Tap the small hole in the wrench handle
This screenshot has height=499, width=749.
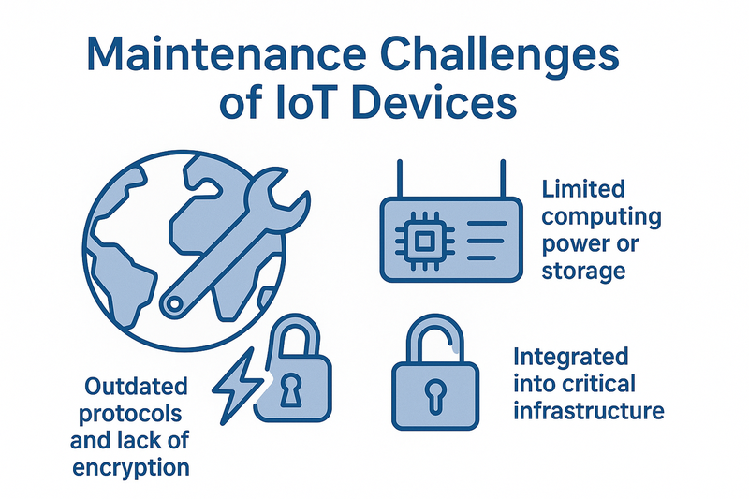click(x=174, y=303)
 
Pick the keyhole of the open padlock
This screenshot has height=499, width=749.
click(x=435, y=394)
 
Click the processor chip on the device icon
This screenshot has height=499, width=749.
click(x=423, y=241)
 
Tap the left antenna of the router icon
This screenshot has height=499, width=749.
click(x=400, y=179)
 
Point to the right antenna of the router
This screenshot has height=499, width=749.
click(x=503, y=179)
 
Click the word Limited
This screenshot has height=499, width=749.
click(x=583, y=189)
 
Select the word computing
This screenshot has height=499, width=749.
click(x=601, y=218)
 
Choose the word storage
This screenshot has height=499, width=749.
click(x=583, y=272)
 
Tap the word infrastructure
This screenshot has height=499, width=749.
click(x=589, y=411)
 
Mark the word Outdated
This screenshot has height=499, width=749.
click(x=136, y=387)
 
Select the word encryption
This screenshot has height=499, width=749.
click(x=131, y=468)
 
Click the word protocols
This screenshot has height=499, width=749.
click(x=130, y=414)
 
